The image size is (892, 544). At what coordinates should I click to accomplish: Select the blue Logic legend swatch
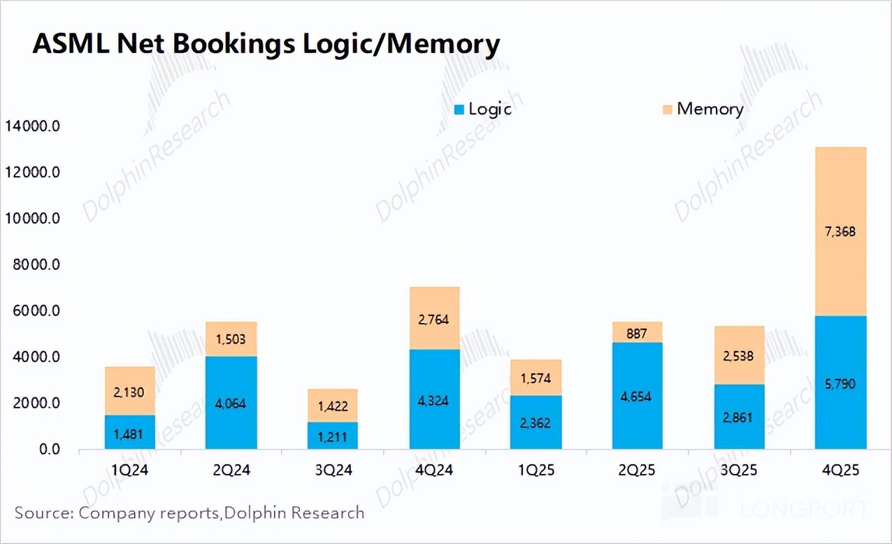(x=459, y=110)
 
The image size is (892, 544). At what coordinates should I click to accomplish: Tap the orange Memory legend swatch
(x=668, y=110)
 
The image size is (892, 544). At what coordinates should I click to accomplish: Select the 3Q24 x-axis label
(x=332, y=471)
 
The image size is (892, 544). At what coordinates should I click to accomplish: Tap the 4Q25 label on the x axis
(x=841, y=471)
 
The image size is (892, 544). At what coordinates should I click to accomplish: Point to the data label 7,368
(x=841, y=232)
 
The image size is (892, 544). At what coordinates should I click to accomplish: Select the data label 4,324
(x=434, y=401)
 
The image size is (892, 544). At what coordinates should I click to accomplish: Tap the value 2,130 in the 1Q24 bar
(x=129, y=392)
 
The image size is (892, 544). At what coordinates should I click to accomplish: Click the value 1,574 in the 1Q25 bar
(x=535, y=379)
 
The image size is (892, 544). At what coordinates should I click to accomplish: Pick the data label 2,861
(x=739, y=417)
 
